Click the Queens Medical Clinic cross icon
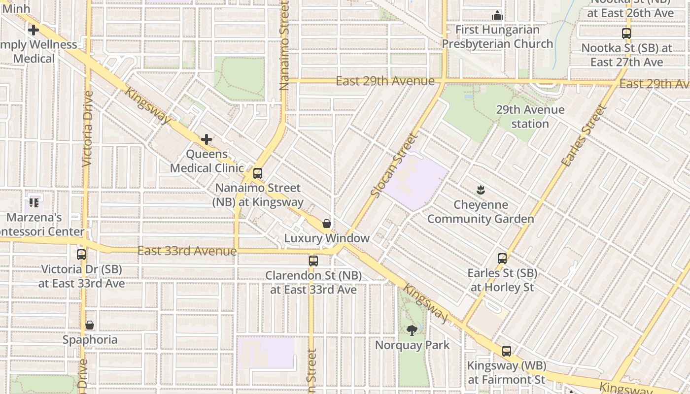(207, 139)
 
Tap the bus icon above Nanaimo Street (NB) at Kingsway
(257, 173)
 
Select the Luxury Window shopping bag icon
(326, 224)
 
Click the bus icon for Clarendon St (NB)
(313, 261)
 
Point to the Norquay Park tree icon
(412, 330)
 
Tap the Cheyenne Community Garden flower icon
(480, 190)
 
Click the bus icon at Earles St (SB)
(502, 258)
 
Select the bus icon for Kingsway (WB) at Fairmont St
(506, 351)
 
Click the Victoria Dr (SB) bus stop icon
(81, 255)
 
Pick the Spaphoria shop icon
(90, 325)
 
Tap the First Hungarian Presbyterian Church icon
(497, 15)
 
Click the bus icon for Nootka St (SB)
(626, 33)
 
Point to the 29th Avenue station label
(530, 117)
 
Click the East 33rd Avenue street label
(187, 251)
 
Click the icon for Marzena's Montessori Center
(34, 202)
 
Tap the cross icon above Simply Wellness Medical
(33, 30)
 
